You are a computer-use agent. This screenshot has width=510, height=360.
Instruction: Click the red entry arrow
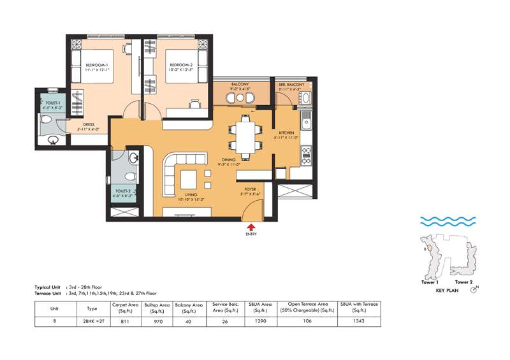click(252, 226)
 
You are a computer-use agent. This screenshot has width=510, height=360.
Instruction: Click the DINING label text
click(228, 159)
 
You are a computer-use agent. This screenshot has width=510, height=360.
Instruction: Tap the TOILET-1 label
click(50, 103)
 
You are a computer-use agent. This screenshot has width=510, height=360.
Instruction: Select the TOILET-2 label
click(124, 191)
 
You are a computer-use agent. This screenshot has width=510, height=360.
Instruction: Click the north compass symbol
click(474, 290)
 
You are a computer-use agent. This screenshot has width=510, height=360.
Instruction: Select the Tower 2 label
click(463, 281)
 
